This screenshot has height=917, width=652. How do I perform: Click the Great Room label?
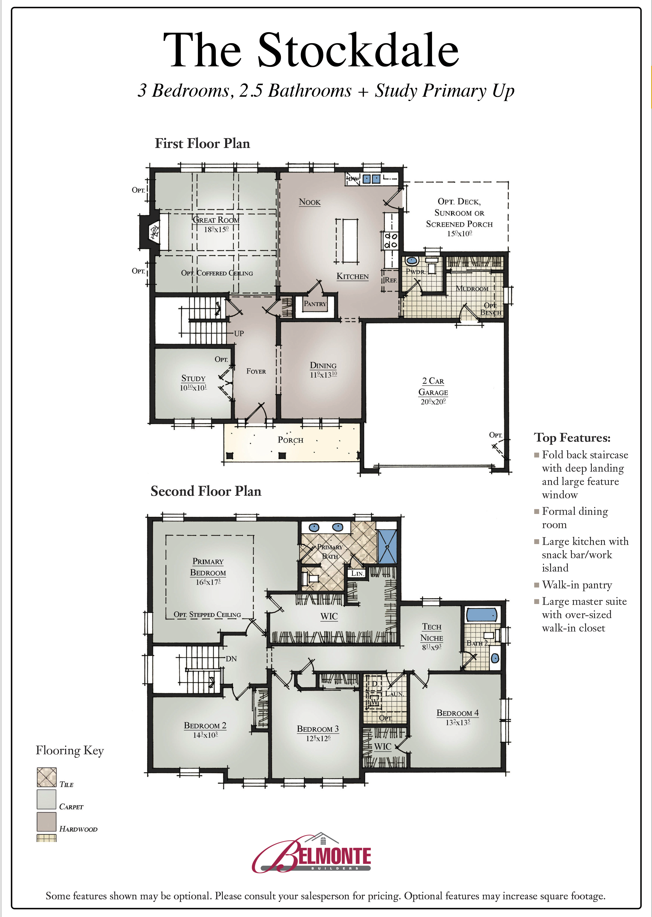216,220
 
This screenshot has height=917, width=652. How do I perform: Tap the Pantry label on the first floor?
315,304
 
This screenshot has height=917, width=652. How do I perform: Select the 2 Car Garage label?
433,386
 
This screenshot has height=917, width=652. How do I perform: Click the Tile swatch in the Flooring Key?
47,777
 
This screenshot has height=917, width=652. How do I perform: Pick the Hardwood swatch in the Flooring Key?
47,822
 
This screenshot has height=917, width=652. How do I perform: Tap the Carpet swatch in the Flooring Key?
47,799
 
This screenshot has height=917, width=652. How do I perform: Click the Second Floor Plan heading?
206,491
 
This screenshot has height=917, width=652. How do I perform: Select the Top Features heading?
572,438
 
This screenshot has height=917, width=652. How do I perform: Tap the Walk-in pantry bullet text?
577,585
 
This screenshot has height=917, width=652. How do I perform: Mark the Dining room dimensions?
323,375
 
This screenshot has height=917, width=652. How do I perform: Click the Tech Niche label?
431,632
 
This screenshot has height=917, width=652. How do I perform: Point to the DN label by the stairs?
231,659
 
